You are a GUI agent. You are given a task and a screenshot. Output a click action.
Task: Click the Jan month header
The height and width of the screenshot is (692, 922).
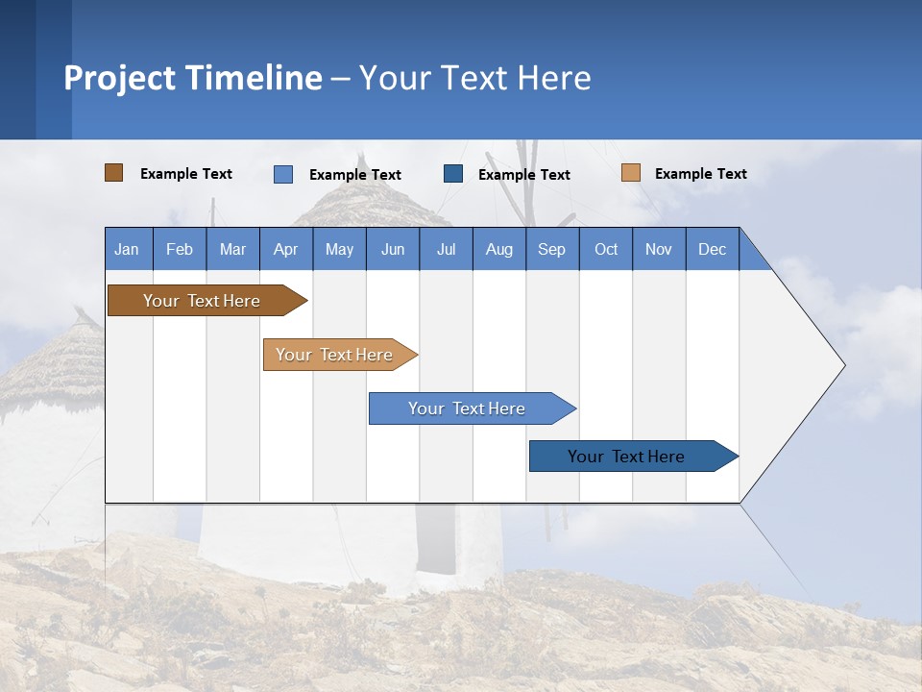point(128,249)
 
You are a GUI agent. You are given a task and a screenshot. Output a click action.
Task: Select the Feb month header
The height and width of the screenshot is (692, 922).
point(180,249)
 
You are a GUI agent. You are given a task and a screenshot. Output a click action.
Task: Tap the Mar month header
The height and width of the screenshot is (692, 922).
point(232,249)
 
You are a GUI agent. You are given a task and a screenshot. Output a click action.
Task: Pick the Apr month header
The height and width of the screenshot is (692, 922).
point(286,249)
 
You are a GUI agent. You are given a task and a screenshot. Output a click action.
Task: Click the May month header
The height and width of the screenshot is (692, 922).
point(339,249)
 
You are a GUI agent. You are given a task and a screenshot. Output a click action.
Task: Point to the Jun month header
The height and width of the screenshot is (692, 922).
point(393,249)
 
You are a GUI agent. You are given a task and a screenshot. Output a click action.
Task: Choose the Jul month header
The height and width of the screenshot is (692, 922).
point(446,249)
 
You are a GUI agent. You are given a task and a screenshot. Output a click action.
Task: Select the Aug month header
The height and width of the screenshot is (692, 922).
point(499,249)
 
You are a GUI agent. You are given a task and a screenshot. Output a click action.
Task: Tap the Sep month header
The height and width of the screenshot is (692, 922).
point(552,249)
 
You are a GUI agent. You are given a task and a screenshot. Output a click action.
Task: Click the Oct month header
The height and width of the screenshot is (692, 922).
point(606,249)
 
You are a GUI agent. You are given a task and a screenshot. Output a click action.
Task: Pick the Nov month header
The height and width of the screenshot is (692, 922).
point(659,249)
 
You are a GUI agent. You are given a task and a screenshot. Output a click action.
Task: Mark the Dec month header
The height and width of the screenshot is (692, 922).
point(713,249)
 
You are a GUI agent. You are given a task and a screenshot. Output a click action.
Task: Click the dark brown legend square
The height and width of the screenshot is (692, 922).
point(114,173)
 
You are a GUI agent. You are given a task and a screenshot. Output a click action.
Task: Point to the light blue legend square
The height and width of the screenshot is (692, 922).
point(283,174)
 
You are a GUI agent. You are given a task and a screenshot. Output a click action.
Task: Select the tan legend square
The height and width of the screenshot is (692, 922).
point(631,173)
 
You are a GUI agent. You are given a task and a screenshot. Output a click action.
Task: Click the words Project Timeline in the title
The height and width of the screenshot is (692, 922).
point(193,78)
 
